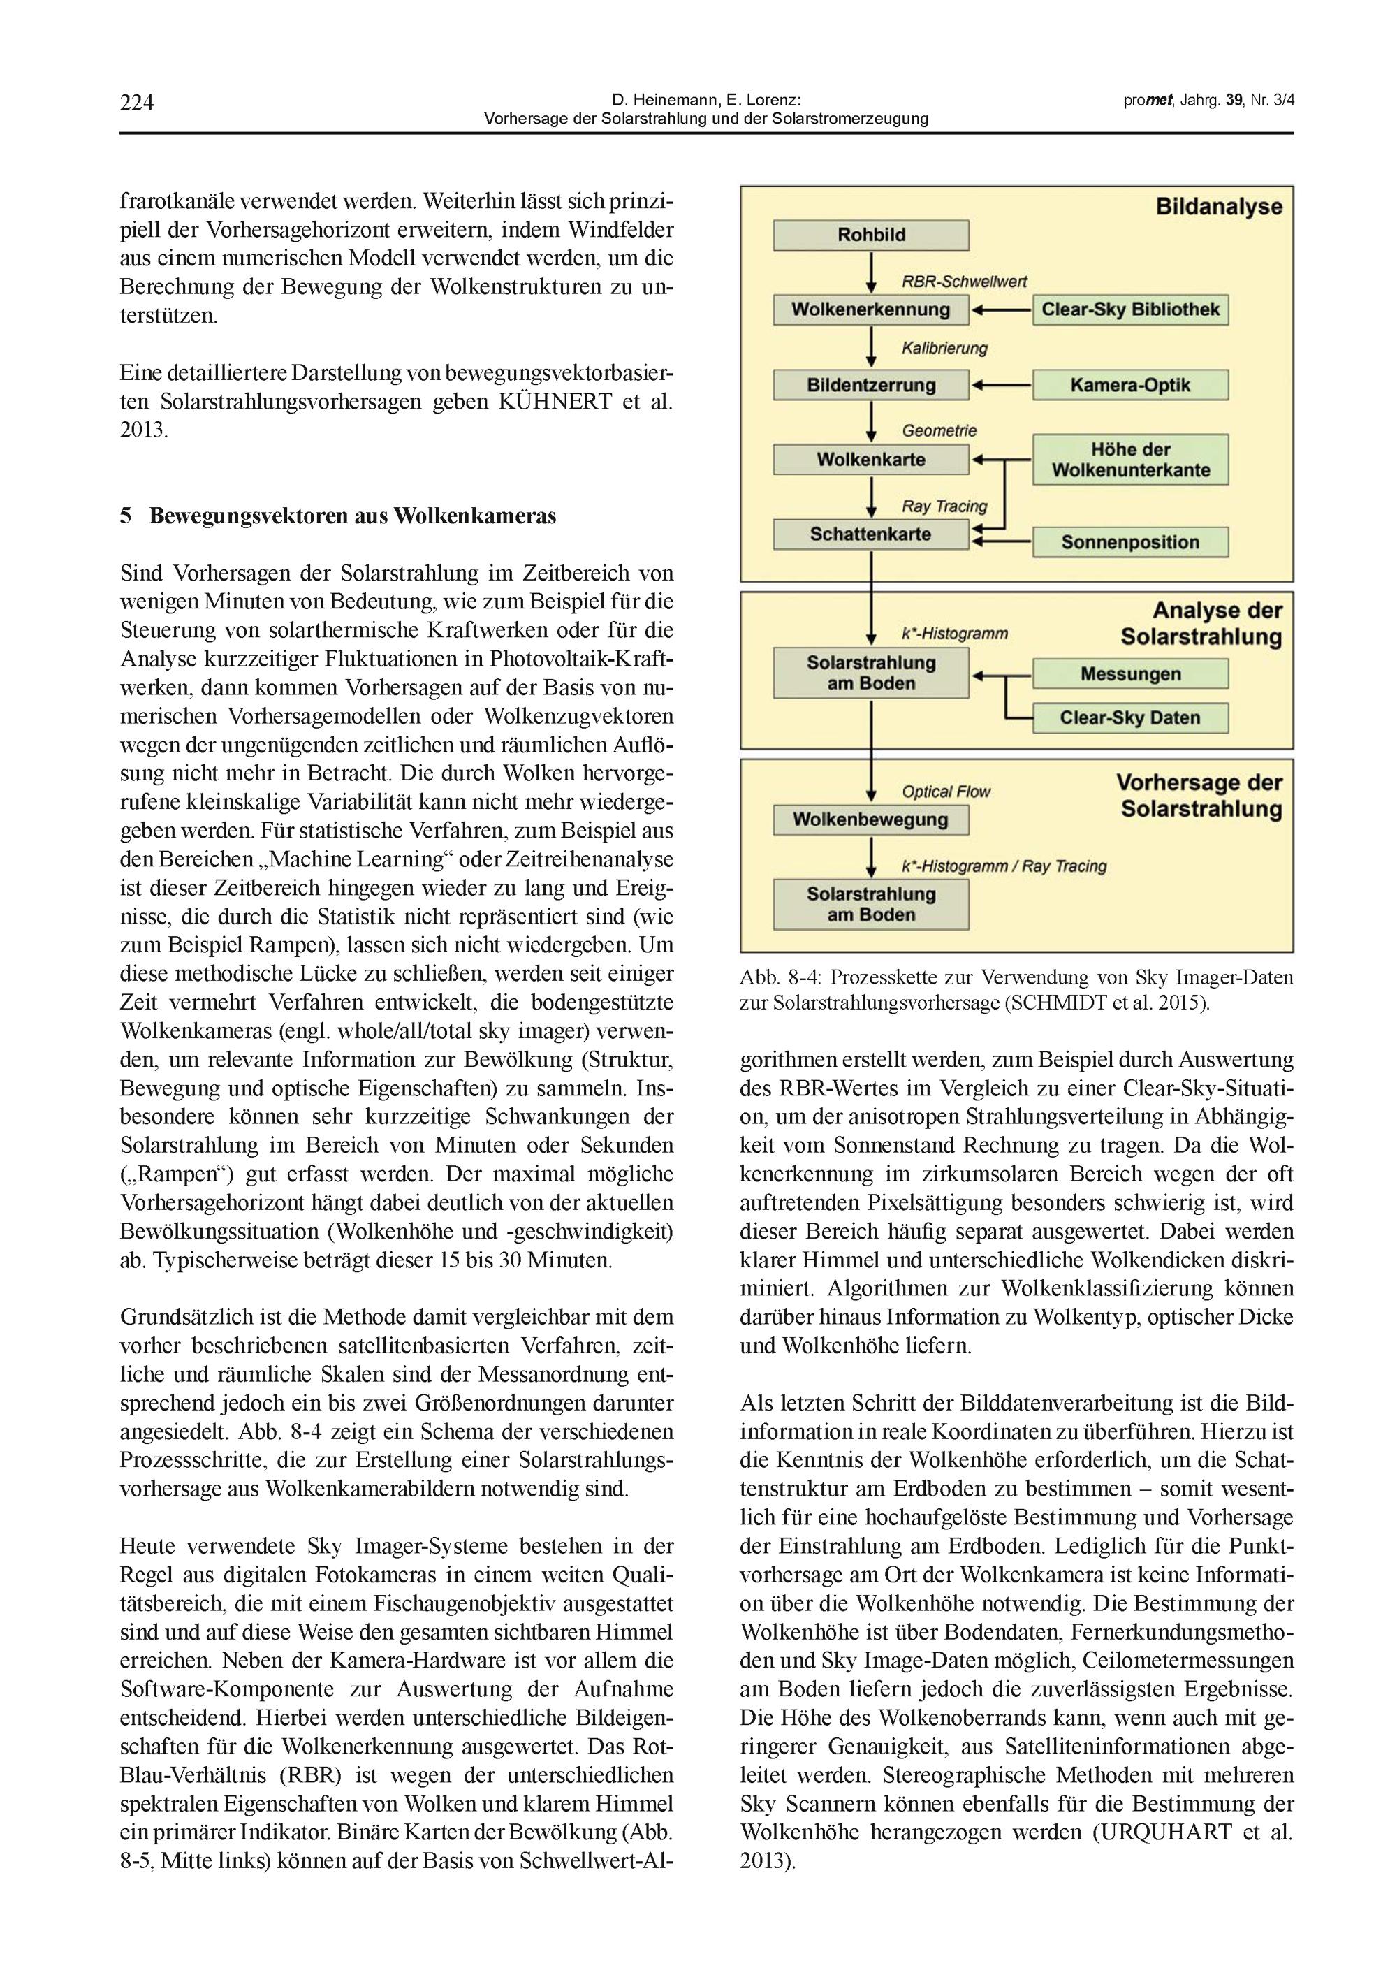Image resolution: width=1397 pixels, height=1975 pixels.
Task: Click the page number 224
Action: click(x=137, y=103)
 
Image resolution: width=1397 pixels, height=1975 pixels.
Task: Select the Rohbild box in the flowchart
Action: click(x=870, y=235)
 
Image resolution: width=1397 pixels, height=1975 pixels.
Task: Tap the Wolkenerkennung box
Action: click(x=870, y=309)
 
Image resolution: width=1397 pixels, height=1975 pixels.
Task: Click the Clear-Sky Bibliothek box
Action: click(x=1130, y=309)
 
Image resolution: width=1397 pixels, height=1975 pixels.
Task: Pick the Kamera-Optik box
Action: click(x=1130, y=384)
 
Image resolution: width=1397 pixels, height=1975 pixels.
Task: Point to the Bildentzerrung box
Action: click(x=870, y=384)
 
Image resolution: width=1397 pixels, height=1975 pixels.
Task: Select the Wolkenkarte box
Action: click(x=870, y=459)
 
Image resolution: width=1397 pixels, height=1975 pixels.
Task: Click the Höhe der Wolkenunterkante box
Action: click(x=1130, y=459)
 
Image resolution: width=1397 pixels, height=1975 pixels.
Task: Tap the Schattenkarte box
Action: click(x=870, y=534)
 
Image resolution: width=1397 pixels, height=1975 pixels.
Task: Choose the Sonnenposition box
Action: click(x=1130, y=542)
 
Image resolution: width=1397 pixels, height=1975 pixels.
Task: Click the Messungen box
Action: click(x=1130, y=673)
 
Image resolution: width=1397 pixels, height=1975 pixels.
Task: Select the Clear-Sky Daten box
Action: click(x=1130, y=717)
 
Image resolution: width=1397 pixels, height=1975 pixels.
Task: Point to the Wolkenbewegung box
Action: click(x=870, y=819)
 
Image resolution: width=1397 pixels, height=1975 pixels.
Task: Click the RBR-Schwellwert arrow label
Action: click(x=963, y=282)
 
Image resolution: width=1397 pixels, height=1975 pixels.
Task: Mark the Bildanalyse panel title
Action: click(x=1218, y=207)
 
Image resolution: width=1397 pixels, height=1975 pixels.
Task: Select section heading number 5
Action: click(x=126, y=516)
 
